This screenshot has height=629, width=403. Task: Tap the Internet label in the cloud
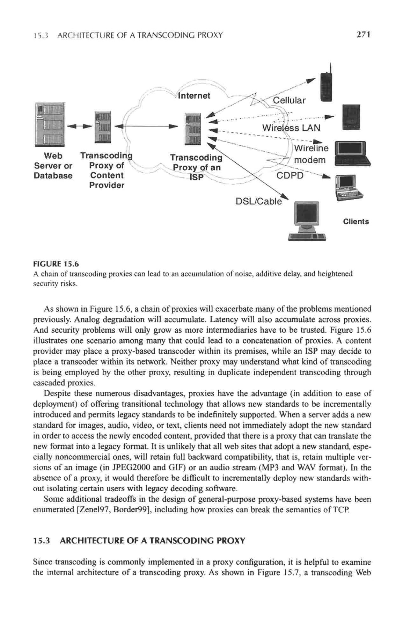[194, 96]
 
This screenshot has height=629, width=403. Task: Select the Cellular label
[289, 101]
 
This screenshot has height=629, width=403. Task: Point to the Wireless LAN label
[291, 128]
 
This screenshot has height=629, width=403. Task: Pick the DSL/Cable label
[258, 201]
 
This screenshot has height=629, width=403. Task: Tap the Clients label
[356, 222]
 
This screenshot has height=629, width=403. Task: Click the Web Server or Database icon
[50, 124]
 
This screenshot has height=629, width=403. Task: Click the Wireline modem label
[310, 154]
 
